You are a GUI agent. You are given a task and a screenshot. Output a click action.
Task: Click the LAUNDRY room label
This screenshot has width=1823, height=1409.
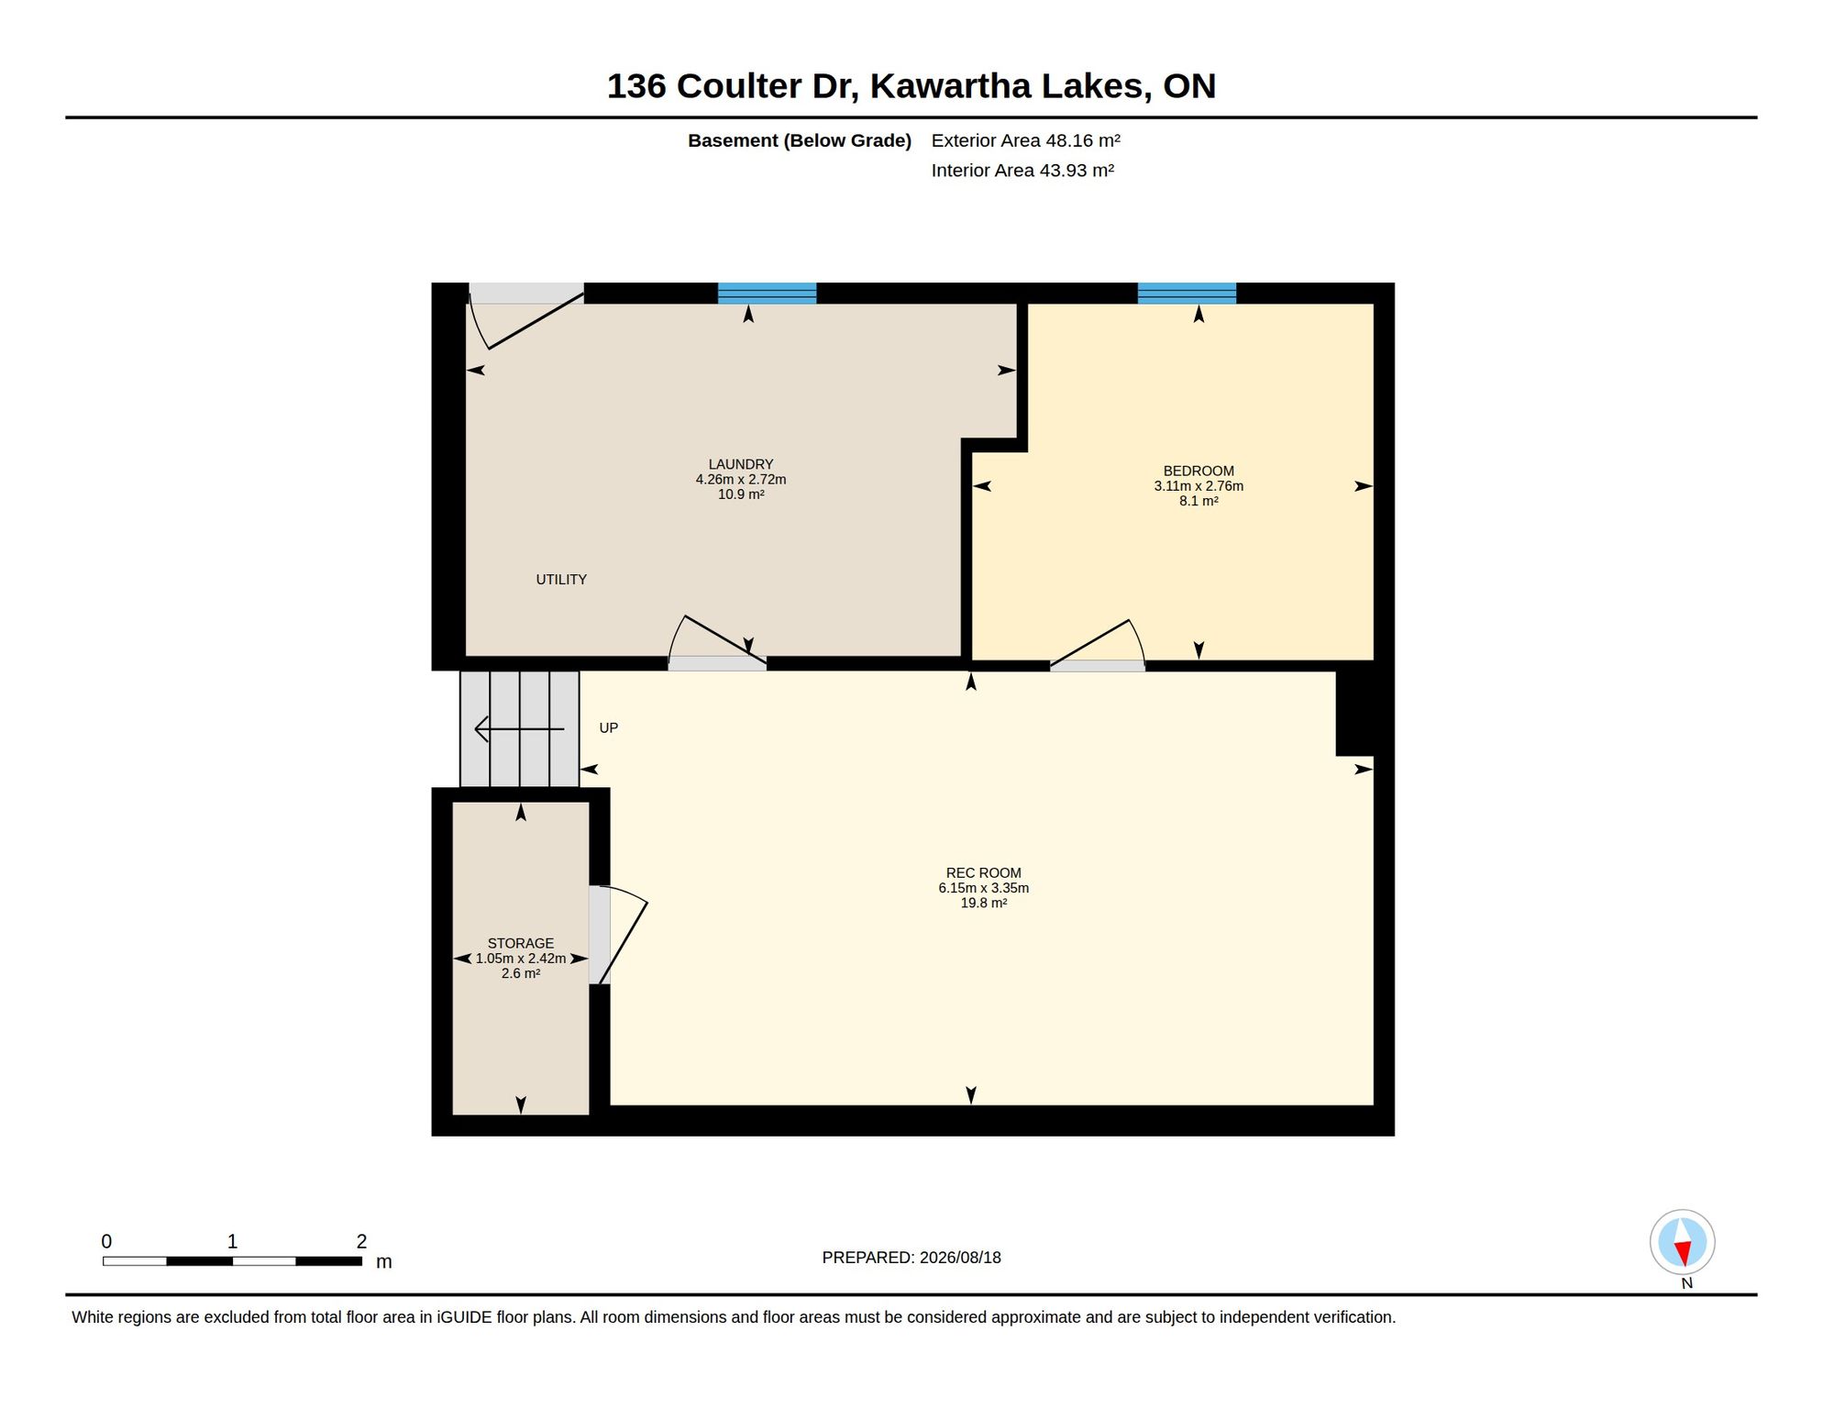click(741, 464)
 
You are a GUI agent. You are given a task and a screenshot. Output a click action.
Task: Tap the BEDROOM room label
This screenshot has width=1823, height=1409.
click(1199, 472)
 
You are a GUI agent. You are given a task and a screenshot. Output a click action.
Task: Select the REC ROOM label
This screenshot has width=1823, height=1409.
click(983, 873)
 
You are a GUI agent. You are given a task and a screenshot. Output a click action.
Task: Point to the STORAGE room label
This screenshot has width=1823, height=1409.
click(521, 943)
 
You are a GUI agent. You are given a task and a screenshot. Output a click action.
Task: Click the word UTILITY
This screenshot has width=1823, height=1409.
click(561, 580)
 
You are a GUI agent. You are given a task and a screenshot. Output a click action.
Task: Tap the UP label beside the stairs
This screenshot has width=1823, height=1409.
click(609, 728)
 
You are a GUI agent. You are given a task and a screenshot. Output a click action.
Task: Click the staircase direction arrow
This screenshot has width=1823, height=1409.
click(520, 729)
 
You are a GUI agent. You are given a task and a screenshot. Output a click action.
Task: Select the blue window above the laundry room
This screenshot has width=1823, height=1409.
click(767, 294)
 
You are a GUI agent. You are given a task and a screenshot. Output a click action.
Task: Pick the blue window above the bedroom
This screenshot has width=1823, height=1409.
click(1187, 294)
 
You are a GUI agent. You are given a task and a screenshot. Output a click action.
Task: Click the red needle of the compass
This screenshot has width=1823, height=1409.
click(1683, 1253)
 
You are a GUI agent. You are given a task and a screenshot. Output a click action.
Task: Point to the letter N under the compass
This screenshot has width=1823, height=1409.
click(1687, 1283)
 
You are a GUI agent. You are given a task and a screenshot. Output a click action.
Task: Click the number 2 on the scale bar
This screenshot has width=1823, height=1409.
click(361, 1241)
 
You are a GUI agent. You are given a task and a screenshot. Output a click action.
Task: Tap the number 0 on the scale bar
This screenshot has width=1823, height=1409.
click(106, 1241)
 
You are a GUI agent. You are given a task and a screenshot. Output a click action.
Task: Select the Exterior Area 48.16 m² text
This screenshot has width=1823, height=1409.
click(1026, 140)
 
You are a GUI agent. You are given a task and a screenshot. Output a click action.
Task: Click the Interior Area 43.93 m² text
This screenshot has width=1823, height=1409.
click(1022, 171)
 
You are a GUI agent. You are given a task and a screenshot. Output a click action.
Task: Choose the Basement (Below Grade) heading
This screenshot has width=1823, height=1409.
click(800, 140)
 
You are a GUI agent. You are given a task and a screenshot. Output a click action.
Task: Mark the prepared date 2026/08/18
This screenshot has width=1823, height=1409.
click(961, 1258)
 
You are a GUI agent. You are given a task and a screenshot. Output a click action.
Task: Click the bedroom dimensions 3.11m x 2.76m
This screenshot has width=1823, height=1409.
click(1199, 486)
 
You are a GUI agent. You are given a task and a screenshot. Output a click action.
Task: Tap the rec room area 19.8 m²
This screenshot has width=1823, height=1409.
click(984, 903)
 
